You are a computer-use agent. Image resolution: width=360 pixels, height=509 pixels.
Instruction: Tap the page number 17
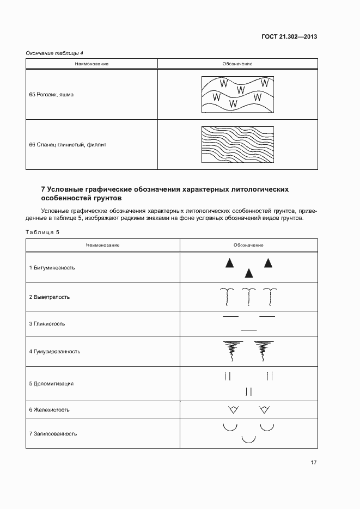coord(314,463)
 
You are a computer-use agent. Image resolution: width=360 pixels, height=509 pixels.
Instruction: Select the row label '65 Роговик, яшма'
coord(51,94)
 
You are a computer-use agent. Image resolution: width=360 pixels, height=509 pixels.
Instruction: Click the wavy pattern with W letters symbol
coord(237,94)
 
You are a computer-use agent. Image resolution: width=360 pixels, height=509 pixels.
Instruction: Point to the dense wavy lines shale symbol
coord(237,145)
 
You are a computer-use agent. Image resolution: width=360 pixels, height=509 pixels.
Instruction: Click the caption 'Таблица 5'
coord(42,232)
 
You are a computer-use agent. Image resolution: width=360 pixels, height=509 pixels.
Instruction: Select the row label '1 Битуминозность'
coord(52,268)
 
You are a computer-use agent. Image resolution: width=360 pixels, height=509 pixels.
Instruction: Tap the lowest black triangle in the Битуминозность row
coord(249,273)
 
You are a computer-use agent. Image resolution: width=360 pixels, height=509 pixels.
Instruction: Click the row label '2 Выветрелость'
coord(50,297)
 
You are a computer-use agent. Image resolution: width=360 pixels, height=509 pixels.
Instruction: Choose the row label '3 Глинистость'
coord(47,324)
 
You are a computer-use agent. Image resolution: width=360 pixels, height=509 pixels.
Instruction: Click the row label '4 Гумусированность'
coord(55,352)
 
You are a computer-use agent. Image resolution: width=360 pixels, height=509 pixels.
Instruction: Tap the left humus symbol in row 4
coord(231,351)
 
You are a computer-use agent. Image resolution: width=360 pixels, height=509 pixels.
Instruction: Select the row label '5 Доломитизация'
coord(51,384)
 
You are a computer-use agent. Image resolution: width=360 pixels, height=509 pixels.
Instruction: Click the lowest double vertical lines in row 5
coord(249,391)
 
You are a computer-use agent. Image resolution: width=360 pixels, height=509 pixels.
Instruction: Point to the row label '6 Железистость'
coord(50,409)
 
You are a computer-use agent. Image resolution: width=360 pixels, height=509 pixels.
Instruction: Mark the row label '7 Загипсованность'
coord(53,434)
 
